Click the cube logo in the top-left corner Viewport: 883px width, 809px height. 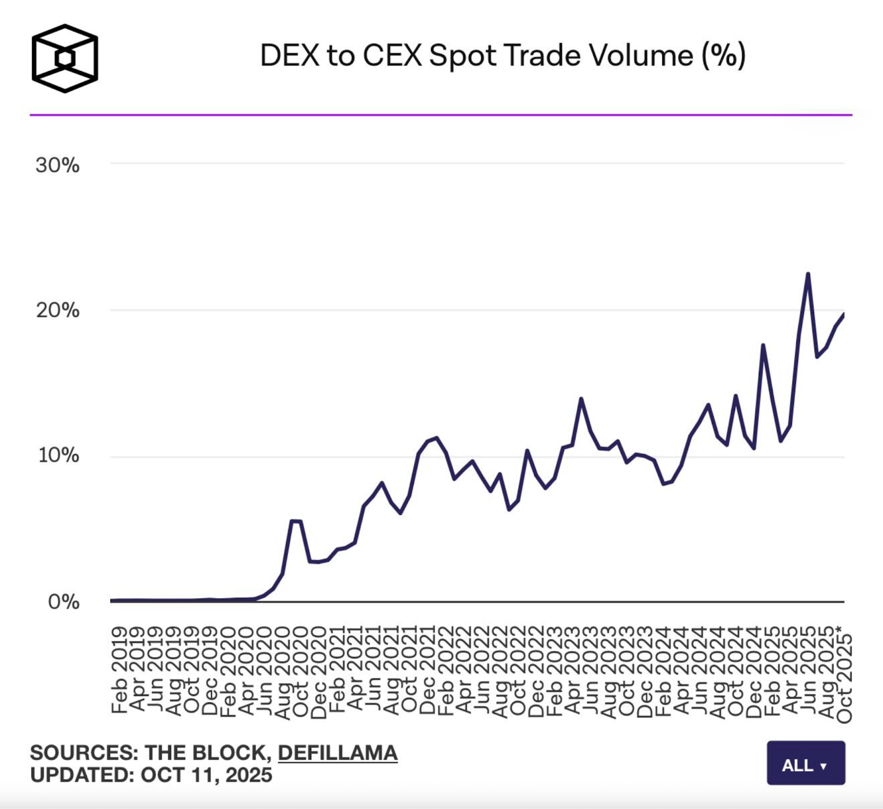tap(65, 58)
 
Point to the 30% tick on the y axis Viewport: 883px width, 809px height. tap(57, 165)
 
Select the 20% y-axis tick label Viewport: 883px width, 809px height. tap(58, 311)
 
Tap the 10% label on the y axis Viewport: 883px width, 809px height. tap(58, 456)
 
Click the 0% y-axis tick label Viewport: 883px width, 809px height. tap(63, 602)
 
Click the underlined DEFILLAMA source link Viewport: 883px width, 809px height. tap(337, 753)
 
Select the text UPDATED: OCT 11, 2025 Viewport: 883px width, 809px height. tap(151, 775)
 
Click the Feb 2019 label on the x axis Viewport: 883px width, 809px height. tap(119, 670)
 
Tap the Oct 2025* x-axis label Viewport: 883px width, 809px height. tap(845, 678)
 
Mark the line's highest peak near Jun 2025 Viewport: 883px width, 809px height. tap(808, 274)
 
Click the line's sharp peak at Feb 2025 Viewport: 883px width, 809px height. tap(763, 345)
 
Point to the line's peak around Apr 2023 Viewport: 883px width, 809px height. tap(581, 398)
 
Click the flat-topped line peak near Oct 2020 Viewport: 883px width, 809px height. tap(296, 521)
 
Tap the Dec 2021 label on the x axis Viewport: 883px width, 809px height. tap(428, 670)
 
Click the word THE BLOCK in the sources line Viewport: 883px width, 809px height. tap(208, 753)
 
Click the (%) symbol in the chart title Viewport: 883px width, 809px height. tap(724, 56)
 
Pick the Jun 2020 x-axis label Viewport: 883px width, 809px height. tap(264, 670)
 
